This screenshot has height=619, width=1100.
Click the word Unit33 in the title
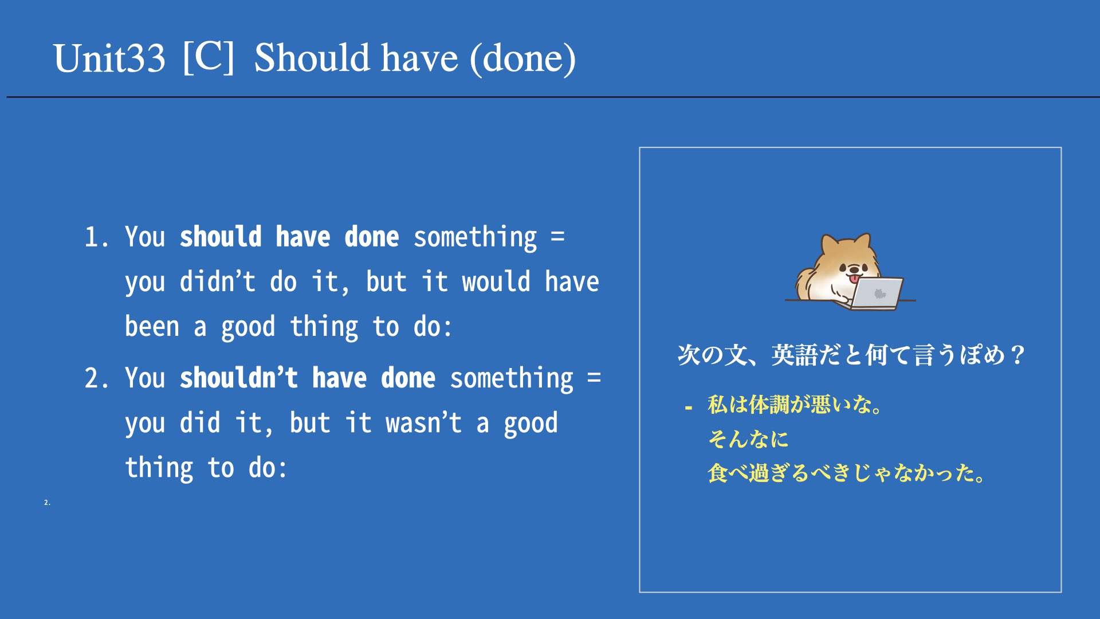pyautogui.click(x=109, y=58)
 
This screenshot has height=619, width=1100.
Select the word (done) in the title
pyautogui.click(x=522, y=58)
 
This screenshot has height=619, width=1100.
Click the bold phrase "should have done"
pyautogui.click(x=289, y=237)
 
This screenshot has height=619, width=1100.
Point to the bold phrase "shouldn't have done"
pyautogui.click(x=308, y=378)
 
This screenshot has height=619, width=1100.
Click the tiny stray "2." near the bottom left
pyautogui.click(x=47, y=503)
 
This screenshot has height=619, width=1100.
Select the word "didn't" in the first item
pyautogui.click(x=218, y=281)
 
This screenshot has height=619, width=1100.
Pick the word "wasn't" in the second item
pyautogui.click(x=424, y=423)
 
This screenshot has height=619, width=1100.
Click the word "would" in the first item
pyautogui.click(x=496, y=281)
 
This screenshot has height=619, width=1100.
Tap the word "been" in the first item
pyautogui.click(x=152, y=326)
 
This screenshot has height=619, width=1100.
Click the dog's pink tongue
pyautogui.click(x=854, y=279)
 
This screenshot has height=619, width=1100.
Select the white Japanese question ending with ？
pyautogui.click(x=851, y=355)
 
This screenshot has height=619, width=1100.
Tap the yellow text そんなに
pyautogui.click(x=748, y=439)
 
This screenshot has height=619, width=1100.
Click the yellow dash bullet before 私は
pyautogui.click(x=689, y=408)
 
